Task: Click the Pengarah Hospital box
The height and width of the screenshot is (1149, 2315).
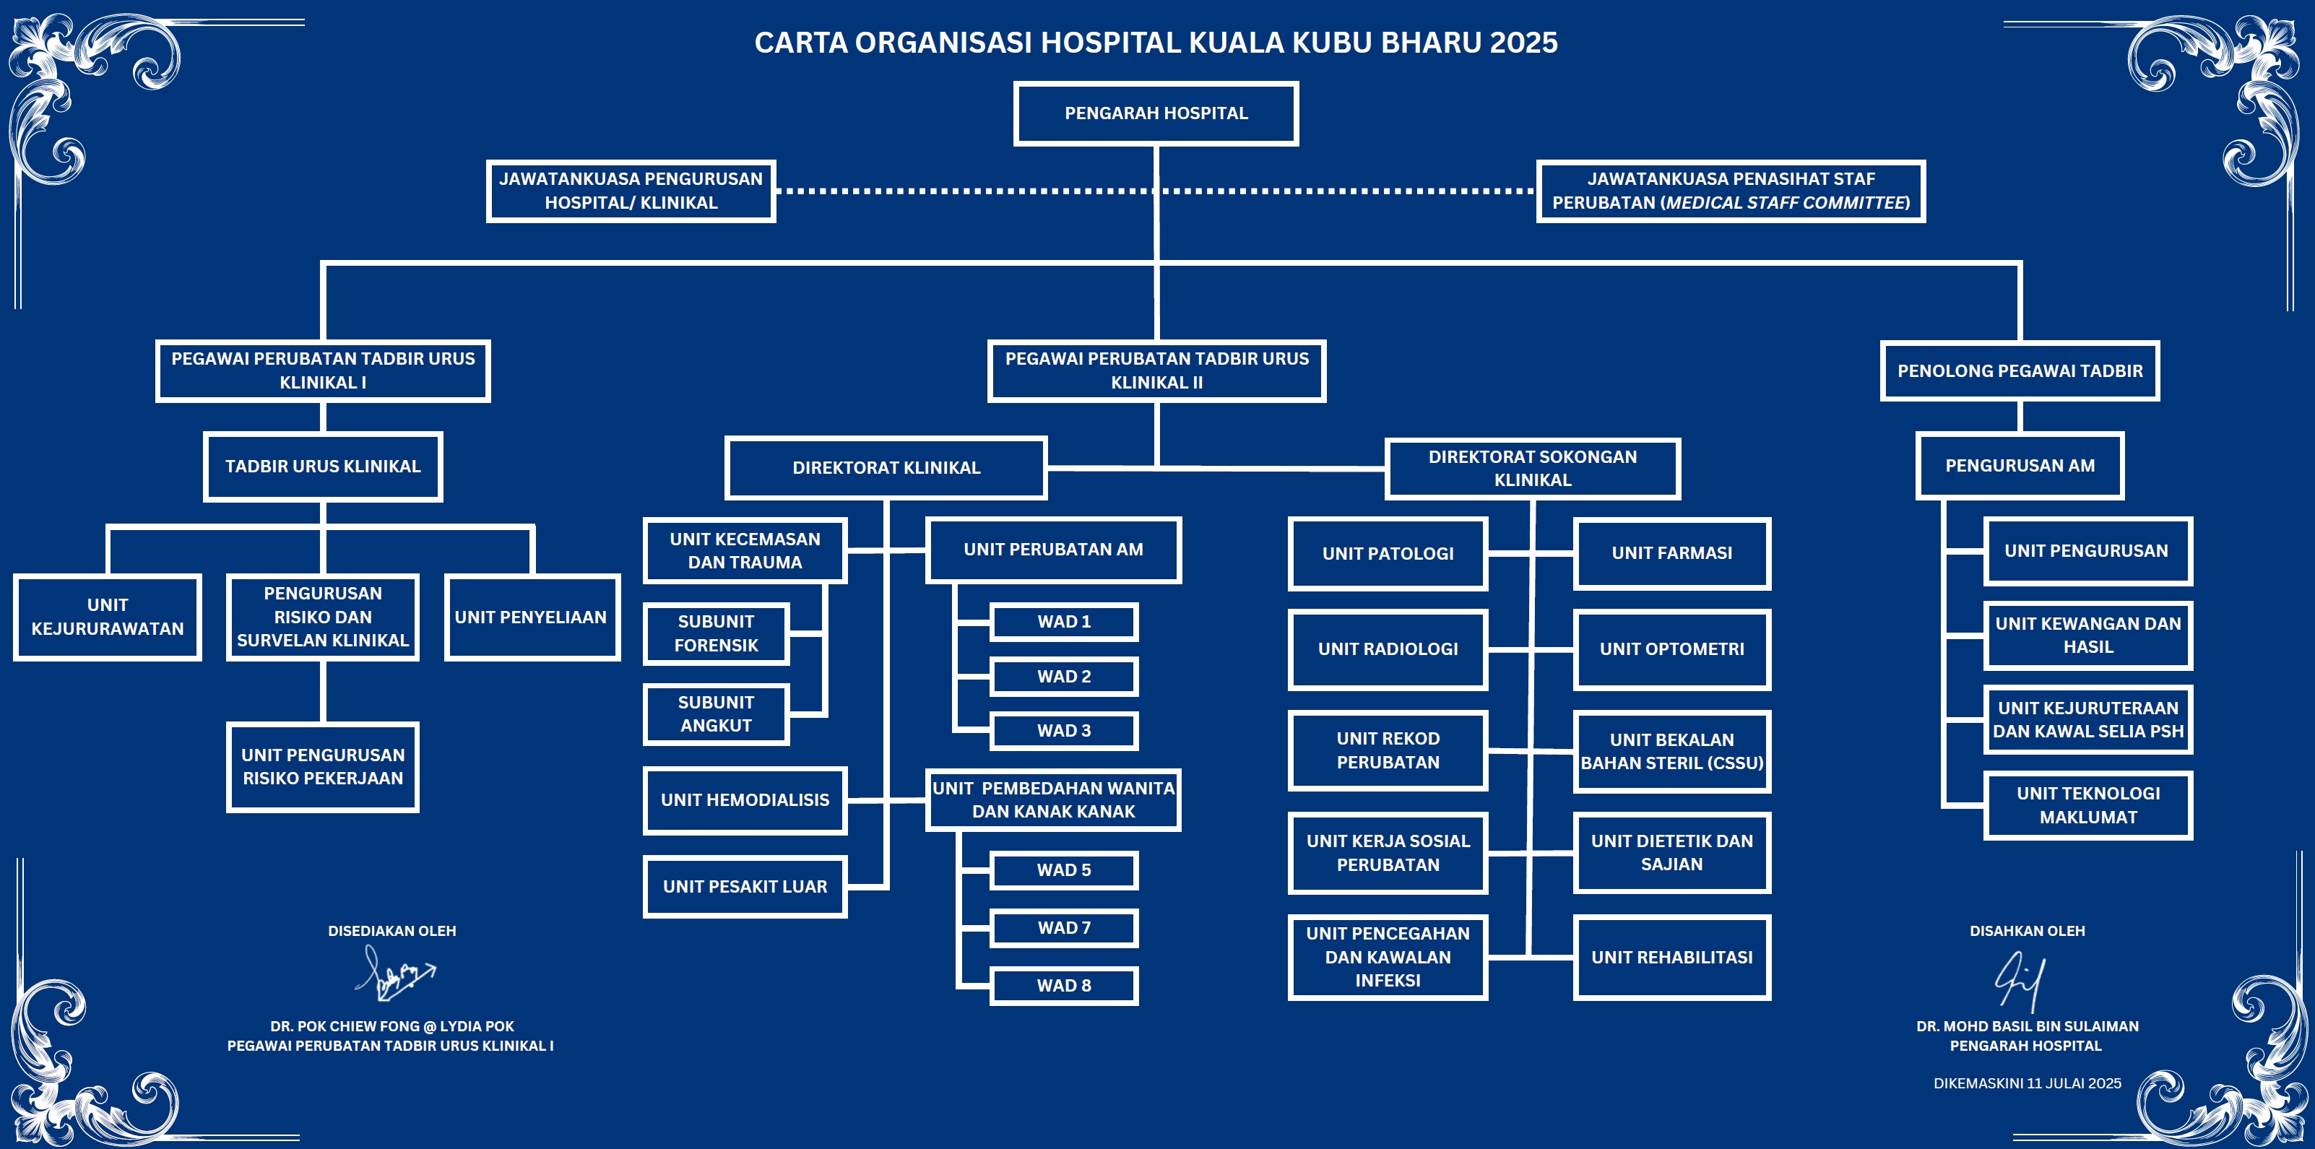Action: (x=1156, y=113)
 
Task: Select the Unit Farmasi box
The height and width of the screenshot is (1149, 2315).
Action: (x=1671, y=553)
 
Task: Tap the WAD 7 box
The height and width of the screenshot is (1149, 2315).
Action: (x=1064, y=928)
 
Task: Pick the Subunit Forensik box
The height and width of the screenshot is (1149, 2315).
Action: (x=717, y=633)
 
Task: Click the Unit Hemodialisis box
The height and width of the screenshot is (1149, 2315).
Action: (x=745, y=799)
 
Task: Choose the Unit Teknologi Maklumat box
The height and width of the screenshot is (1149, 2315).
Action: (x=2087, y=805)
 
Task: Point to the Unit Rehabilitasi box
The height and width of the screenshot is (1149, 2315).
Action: (x=1671, y=957)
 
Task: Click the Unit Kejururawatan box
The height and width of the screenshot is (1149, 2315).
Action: (x=108, y=617)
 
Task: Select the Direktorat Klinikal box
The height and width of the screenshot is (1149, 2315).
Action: (x=886, y=467)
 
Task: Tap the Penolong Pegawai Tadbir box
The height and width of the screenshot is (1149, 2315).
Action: (x=2020, y=371)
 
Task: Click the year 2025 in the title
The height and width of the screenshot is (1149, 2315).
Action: (x=1523, y=42)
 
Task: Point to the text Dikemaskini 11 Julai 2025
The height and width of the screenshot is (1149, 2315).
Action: (x=2028, y=1083)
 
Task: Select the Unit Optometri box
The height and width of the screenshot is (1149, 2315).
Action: (x=1671, y=649)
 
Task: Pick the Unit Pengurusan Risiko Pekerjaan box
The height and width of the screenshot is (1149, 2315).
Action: (x=323, y=766)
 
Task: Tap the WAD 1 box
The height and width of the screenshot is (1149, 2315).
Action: (x=1064, y=622)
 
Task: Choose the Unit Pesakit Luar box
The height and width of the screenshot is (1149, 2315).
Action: (x=745, y=887)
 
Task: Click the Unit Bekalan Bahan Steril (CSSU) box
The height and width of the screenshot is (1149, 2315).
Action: (x=1671, y=751)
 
